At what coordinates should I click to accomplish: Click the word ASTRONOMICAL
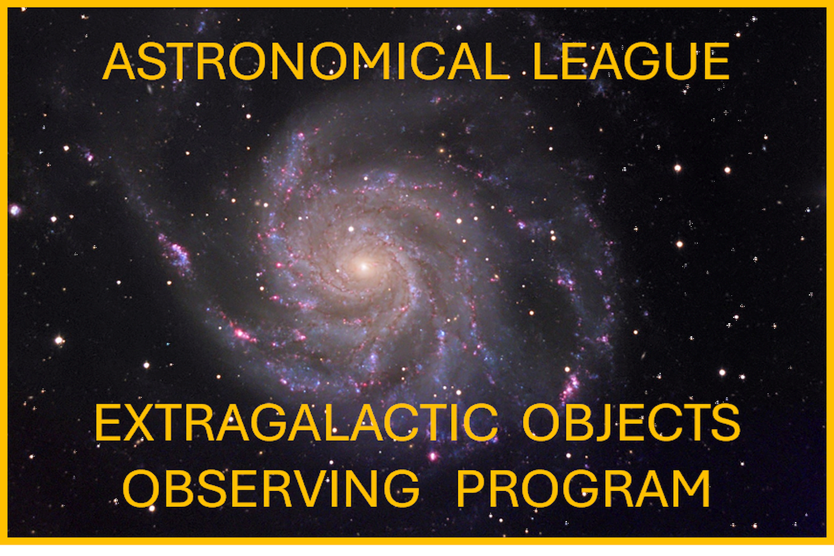(305, 61)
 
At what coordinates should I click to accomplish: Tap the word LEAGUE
(631, 61)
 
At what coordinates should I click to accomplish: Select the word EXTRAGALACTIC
(295, 422)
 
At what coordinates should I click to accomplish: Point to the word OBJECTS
(631, 422)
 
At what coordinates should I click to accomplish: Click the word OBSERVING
(271, 488)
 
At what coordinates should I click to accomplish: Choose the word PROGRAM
(583, 488)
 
